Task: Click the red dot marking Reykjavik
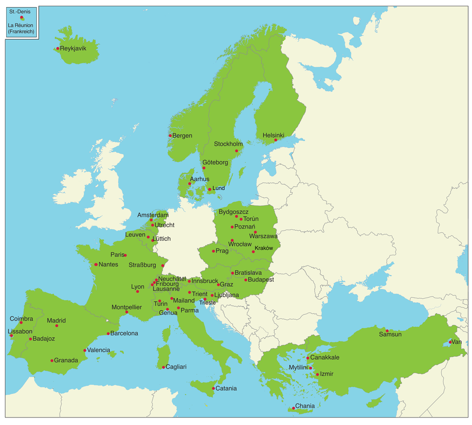click(x=58, y=48)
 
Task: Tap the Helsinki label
click(x=273, y=135)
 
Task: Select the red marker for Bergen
click(x=170, y=136)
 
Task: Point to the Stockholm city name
click(x=228, y=144)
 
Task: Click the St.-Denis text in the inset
click(x=20, y=11)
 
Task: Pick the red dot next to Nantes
click(x=96, y=264)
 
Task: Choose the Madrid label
click(x=56, y=321)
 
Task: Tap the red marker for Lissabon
click(x=11, y=336)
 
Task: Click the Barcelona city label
click(x=124, y=333)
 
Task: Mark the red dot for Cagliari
click(x=163, y=367)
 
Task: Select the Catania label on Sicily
click(x=226, y=389)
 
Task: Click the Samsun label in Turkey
click(x=390, y=334)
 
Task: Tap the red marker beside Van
click(x=450, y=342)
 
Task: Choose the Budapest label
click(x=261, y=280)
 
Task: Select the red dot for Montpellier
click(x=126, y=312)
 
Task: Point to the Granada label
click(x=66, y=360)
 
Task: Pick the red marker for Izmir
click(x=317, y=374)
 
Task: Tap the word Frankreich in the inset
click(x=21, y=32)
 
